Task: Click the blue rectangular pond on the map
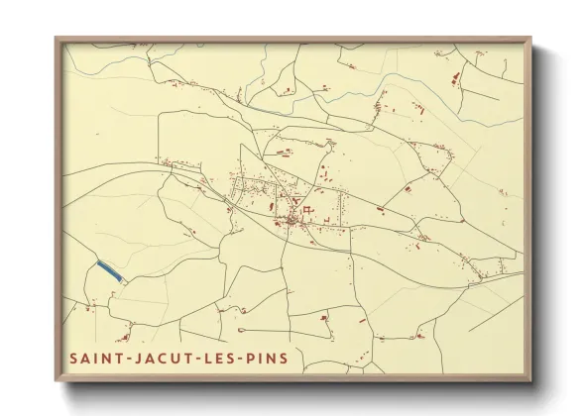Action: (x=111, y=270)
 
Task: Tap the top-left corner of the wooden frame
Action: (x=57, y=39)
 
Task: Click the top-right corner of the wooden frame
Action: (x=530, y=39)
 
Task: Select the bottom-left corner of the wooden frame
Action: (x=57, y=379)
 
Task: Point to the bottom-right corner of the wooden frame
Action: (x=530, y=379)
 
